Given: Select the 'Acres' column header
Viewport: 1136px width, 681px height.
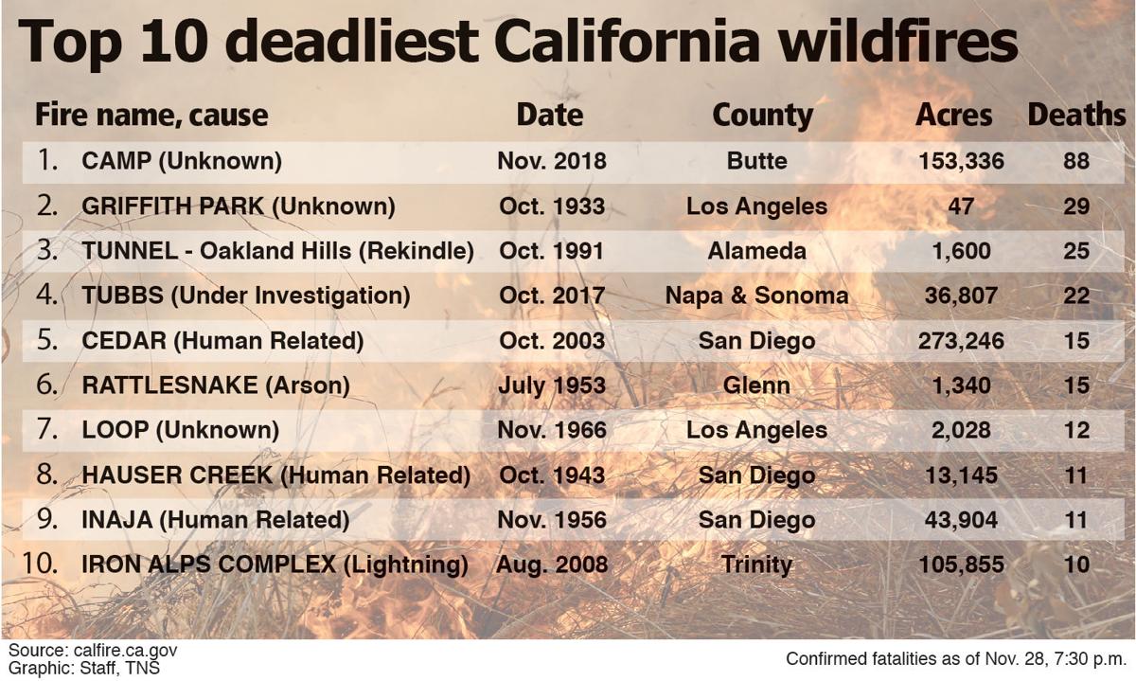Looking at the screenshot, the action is click(x=954, y=116).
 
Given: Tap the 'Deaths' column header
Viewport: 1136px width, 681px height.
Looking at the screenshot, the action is click(x=1076, y=116).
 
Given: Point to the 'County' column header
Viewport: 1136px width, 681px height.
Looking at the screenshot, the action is click(x=762, y=116).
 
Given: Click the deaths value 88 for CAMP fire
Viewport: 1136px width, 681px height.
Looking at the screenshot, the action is click(x=1076, y=161).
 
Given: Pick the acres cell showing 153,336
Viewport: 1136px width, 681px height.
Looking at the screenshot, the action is click(x=961, y=161).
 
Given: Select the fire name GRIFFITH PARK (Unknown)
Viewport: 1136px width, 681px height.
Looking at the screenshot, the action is click(x=239, y=206).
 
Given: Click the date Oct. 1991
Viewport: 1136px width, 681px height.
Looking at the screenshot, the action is click(x=552, y=251).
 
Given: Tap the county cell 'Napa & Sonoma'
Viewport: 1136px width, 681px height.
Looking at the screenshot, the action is click(x=756, y=296).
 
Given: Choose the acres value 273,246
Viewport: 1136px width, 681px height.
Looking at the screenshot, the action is click(x=961, y=341).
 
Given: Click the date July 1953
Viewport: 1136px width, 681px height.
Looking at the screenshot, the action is click(x=552, y=385).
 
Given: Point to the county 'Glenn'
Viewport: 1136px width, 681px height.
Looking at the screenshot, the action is click(x=756, y=385).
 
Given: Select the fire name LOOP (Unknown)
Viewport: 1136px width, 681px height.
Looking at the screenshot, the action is click(x=181, y=430).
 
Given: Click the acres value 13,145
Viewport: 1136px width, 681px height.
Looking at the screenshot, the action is click(x=961, y=475).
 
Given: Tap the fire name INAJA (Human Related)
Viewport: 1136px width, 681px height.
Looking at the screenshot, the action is click(x=216, y=520).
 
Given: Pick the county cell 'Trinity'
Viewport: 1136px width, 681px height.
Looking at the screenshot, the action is click(x=756, y=565).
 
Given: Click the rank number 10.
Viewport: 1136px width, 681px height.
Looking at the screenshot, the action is click(x=41, y=564).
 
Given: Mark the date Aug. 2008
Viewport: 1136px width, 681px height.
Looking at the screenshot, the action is click(x=552, y=565).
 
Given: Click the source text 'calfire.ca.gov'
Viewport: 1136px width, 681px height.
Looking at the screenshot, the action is click(x=125, y=651).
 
